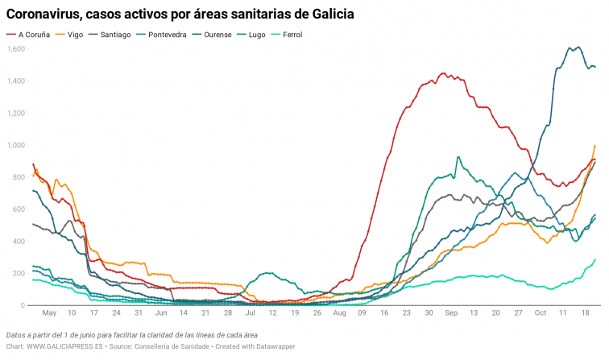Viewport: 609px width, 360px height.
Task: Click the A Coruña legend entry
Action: (33, 35)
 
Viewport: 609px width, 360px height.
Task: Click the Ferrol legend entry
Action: (305, 35)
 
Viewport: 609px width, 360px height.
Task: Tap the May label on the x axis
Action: (49, 313)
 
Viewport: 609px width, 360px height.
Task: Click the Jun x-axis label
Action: (161, 313)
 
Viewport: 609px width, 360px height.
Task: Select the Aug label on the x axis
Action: (339, 313)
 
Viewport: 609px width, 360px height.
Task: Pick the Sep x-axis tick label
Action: (450, 313)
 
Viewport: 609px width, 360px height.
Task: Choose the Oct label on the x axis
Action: (540, 313)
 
